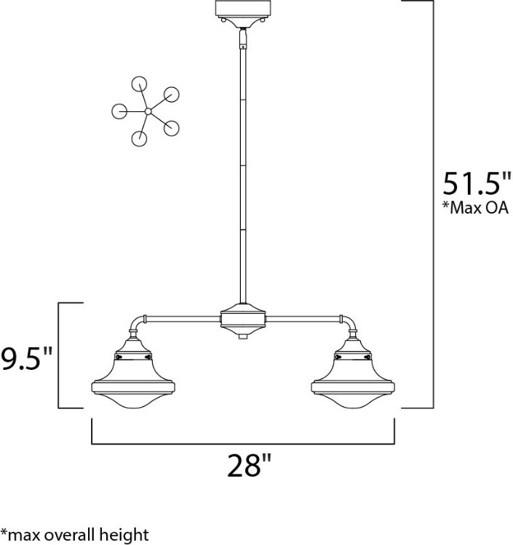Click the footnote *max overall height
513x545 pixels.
pos(75,536)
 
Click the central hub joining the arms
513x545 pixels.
pos(242,318)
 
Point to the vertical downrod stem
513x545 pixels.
pos(242,167)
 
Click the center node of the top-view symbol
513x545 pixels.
pos(148,111)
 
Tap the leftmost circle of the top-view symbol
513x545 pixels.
pos(119,111)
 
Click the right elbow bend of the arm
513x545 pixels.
pos(349,322)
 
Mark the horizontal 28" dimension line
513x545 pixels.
pos(243,442)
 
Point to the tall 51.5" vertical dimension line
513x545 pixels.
pos(434,203)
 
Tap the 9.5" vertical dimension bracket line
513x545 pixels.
pos(58,355)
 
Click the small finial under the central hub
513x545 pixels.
pos(242,337)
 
